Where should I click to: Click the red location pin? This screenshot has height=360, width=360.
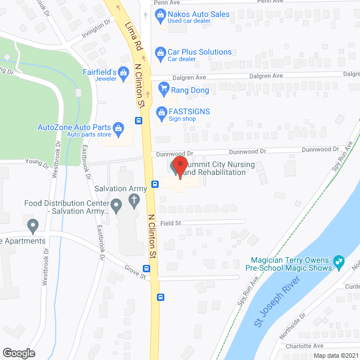pyautogui.click(x=179, y=167)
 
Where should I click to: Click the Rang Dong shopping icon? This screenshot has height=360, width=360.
pyautogui.click(x=164, y=88)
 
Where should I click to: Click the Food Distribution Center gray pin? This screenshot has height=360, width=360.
pyautogui.click(x=116, y=206)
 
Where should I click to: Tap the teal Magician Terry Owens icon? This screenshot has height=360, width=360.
pyautogui.click(x=339, y=260)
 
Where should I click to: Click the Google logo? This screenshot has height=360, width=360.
pyautogui.click(x=19, y=353)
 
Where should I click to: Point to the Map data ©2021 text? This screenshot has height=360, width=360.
pyautogui.click(x=335, y=355)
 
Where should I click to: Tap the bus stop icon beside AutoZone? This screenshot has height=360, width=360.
pyautogui.click(x=138, y=121)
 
